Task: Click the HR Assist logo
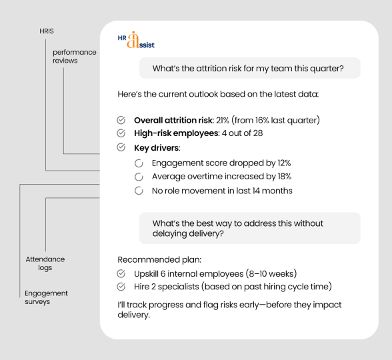[x=136, y=40]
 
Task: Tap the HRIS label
[x=47, y=31]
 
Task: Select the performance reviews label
[x=75, y=56]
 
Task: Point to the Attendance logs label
[x=45, y=263]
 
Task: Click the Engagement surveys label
[x=46, y=297]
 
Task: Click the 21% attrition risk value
[x=223, y=120]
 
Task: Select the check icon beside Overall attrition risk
[x=121, y=120]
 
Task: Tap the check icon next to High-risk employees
[x=121, y=133]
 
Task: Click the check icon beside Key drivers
[x=121, y=147]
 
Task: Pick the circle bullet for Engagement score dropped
[x=139, y=163]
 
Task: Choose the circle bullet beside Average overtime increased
[x=139, y=177]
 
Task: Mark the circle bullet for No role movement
[x=139, y=191]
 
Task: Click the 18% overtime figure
[x=285, y=177]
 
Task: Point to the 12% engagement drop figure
[x=284, y=163]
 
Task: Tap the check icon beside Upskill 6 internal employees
[x=121, y=274]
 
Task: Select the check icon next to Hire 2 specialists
[x=121, y=287]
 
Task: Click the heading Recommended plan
[x=159, y=260]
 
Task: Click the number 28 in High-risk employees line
[x=258, y=133]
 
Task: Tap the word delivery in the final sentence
[x=134, y=315]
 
